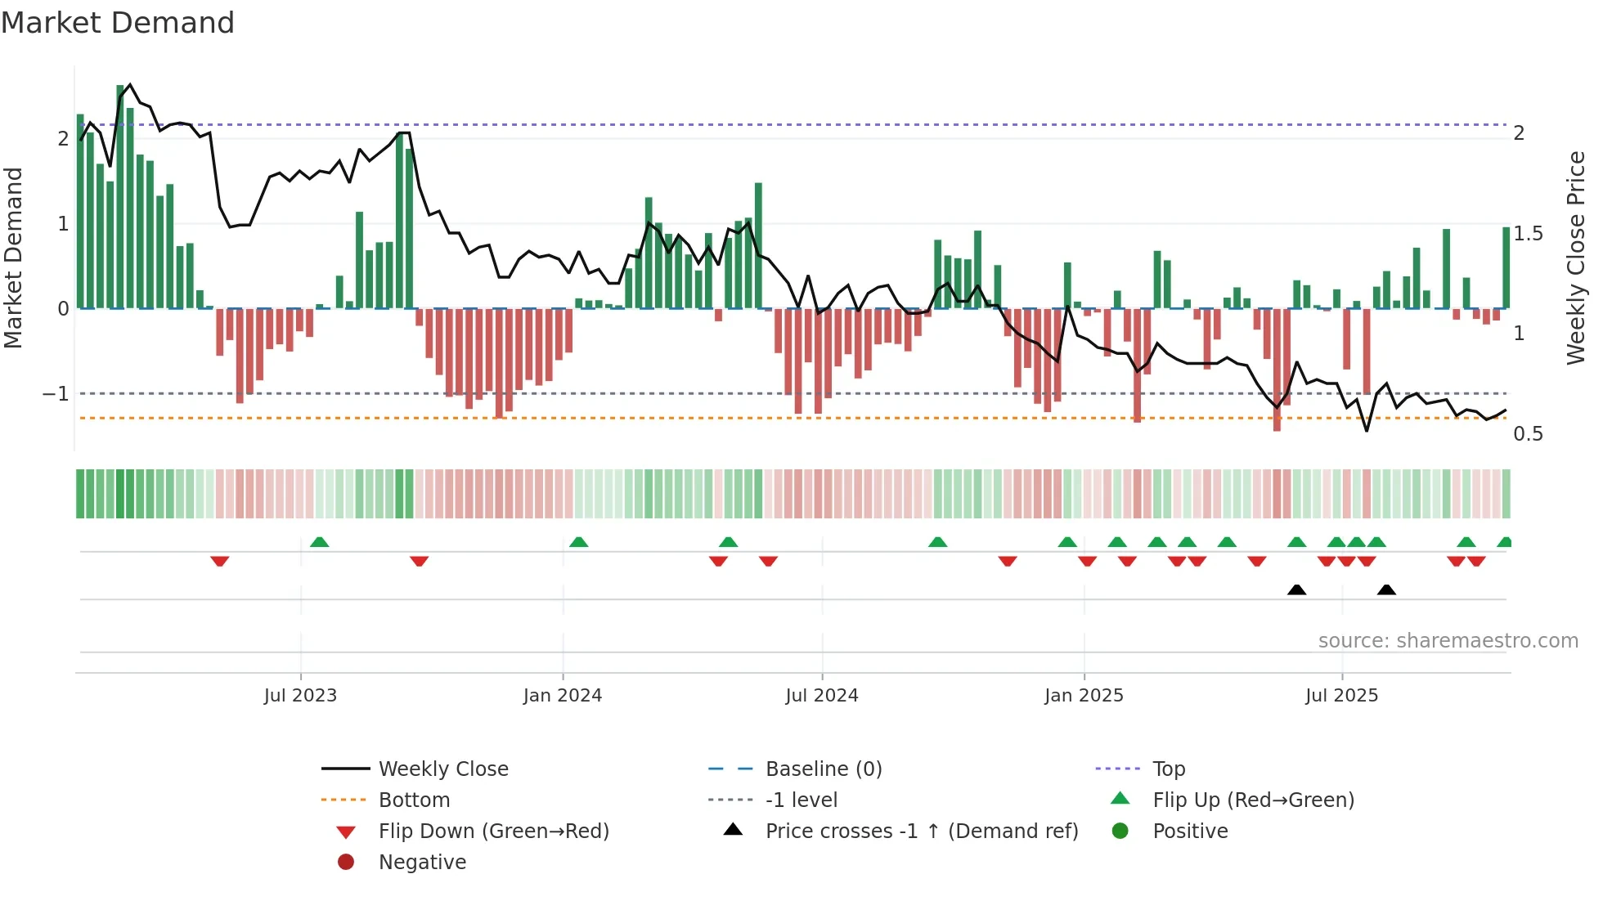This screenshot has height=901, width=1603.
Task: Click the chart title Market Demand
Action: pyautogui.click(x=118, y=23)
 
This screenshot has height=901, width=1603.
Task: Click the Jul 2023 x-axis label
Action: pyautogui.click(x=300, y=696)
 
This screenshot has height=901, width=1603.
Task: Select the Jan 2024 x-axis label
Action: pyautogui.click(x=563, y=696)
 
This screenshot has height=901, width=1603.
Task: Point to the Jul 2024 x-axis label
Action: pyautogui.click(x=822, y=696)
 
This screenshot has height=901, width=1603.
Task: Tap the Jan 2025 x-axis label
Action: pyautogui.click(x=1084, y=696)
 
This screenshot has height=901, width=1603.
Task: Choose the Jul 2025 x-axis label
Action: pyautogui.click(x=1341, y=696)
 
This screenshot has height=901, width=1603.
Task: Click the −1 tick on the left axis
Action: pyautogui.click(x=56, y=394)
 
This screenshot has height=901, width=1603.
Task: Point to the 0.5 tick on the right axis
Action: pyautogui.click(x=1528, y=434)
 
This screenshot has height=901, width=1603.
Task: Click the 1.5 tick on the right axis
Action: pyautogui.click(x=1528, y=234)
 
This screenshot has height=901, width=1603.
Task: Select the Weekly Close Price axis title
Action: pyautogui.click(x=1575, y=258)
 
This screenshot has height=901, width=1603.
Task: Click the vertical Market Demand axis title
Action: pyautogui.click(x=13, y=258)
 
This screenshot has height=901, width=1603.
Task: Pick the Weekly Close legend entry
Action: pyautogui.click(x=442, y=769)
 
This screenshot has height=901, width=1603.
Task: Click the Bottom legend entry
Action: pyautogui.click(x=414, y=800)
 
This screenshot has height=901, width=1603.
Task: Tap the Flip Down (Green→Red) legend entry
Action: pyautogui.click(x=493, y=832)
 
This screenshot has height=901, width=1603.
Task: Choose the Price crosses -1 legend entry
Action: pyautogui.click(x=921, y=832)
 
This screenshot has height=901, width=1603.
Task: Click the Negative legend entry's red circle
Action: pyautogui.click(x=346, y=863)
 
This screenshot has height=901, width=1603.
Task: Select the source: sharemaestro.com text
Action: pyautogui.click(x=1448, y=641)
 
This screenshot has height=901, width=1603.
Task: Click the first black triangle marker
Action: pyautogui.click(x=1296, y=589)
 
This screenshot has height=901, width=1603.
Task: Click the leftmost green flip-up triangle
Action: pyautogui.click(x=320, y=542)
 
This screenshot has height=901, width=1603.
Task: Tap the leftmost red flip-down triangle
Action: pyautogui.click(x=219, y=561)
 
